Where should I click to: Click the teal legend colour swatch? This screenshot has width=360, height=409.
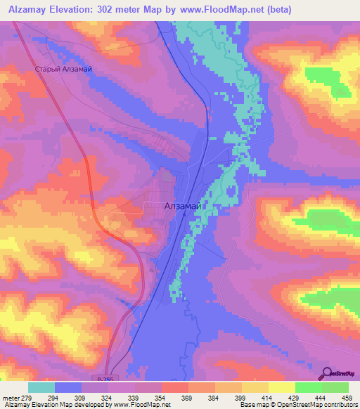(x=41, y=387)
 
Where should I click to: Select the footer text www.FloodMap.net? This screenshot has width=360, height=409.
(x=140, y=404)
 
